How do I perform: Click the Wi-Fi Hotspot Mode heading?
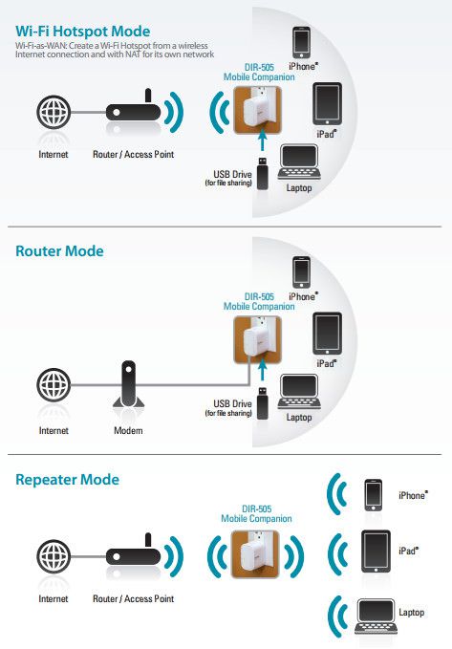point(83,32)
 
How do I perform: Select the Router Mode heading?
point(59,251)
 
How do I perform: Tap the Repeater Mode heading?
point(67,479)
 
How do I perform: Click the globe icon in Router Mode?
point(54,385)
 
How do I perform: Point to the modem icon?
point(128,384)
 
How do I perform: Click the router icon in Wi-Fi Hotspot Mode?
point(133,107)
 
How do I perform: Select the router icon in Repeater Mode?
point(133,552)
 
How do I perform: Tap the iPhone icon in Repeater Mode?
point(373,495)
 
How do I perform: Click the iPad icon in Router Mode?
point(327,334)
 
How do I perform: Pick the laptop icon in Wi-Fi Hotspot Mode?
point(299,162)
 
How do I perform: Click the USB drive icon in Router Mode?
point(263,403)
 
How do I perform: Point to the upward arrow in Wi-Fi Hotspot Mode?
point(262,140)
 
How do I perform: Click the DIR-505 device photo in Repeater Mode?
point(255,554)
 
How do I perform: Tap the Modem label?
point(128,430)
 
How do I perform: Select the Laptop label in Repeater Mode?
point(412,613)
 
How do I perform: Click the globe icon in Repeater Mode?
point(54,556)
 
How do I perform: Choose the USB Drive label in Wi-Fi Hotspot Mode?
point(229,178)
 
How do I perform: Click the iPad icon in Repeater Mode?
point(376,552)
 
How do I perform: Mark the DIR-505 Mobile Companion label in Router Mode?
point(259,302)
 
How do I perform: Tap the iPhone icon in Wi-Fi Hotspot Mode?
point(301,43)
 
